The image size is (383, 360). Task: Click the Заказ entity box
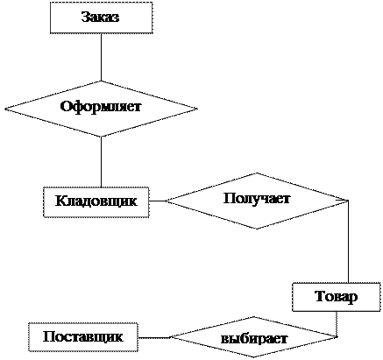101,18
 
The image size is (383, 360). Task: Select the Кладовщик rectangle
96,202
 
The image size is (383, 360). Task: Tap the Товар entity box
337,297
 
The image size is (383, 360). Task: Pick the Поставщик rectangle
83,337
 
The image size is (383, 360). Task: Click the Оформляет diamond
101,109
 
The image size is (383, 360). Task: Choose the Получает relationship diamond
257,201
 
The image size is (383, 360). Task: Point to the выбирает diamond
253,337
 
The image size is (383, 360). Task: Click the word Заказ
100,17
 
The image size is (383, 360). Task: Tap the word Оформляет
101,106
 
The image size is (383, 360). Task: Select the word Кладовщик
96,201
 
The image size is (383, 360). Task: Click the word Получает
257,199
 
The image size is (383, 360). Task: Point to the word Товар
337,297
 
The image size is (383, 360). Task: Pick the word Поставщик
83,336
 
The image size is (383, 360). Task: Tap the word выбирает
254,339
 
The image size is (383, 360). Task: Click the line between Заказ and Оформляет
101,57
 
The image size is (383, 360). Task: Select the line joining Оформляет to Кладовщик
101,162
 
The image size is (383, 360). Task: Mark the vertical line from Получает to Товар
348,242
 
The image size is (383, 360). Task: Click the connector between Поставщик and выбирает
154,337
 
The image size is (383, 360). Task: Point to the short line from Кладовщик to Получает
158,201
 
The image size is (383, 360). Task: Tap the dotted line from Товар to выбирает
337,324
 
